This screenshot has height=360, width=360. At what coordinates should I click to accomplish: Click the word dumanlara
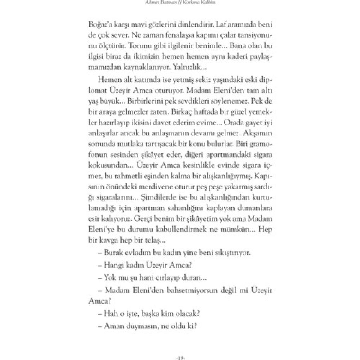256,209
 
